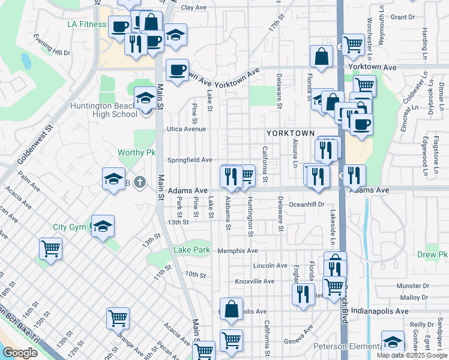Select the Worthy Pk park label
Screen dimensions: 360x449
tap(137, 153)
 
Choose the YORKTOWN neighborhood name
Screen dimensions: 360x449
tap(291, 132)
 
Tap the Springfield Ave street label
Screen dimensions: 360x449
tap(190, 160)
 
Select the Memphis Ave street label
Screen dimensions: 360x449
tap(238, 251)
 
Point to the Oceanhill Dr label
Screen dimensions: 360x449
tap(307, 204)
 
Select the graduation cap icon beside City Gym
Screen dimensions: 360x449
tap(103, 227)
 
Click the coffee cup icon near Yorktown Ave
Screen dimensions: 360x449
tap(178, 71)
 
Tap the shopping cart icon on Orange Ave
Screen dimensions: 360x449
tap(118, 319)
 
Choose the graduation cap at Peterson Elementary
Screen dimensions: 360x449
tap(393, 343)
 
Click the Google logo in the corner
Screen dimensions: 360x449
tap(20, 353)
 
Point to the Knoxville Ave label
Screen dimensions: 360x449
tap(255, 281)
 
